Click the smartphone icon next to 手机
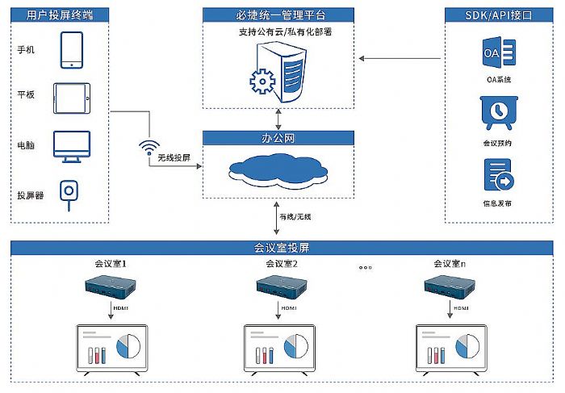(71, 50)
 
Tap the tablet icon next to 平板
(73, 98)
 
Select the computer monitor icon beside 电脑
(72, 146)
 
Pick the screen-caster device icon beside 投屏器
(71, 194)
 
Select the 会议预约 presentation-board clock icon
(496, 113)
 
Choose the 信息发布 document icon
(496, 174)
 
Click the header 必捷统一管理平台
(278, 14)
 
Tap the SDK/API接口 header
(500, 14)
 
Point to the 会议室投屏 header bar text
(282, 247)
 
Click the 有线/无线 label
(295, 216)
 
